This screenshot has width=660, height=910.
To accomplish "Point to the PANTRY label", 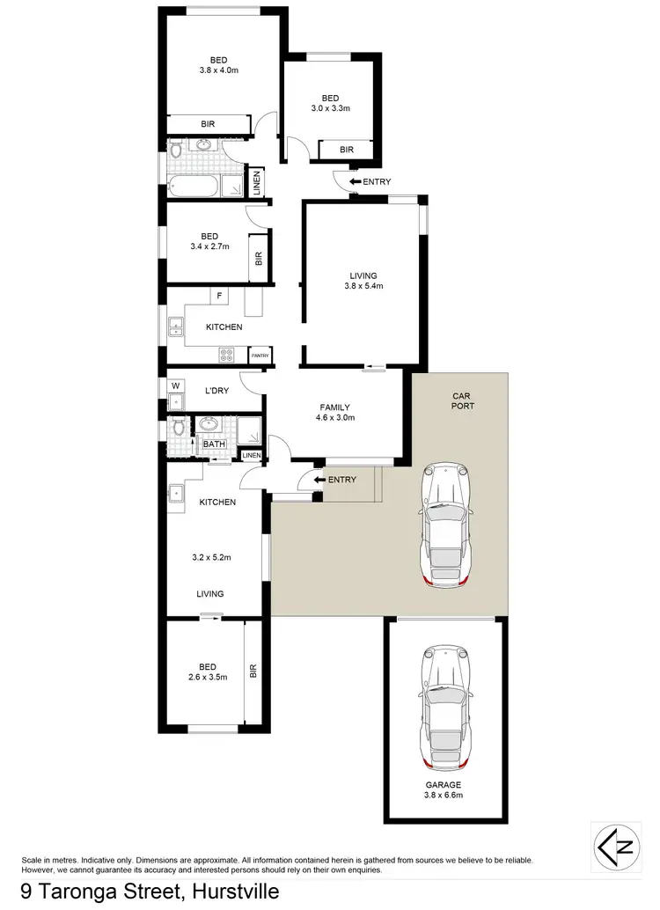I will pos(260,356).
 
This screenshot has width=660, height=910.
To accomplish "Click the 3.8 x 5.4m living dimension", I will pos(364,285).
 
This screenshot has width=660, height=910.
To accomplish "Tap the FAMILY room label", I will pos(334,407).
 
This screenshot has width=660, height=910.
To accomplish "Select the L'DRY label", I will pos(216,390).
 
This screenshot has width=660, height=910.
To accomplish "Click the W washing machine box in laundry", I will pos(175,385).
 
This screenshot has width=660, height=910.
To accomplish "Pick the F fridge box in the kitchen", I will pos(217,297).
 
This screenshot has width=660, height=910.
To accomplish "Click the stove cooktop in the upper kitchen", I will pos(226,355).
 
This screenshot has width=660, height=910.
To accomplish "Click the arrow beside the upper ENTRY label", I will pos(354,182).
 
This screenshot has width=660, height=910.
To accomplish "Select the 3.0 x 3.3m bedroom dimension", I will pos(330,109).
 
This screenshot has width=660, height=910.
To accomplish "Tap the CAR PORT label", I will pos(462,401).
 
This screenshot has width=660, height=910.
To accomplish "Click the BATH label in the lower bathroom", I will pos(214,444).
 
